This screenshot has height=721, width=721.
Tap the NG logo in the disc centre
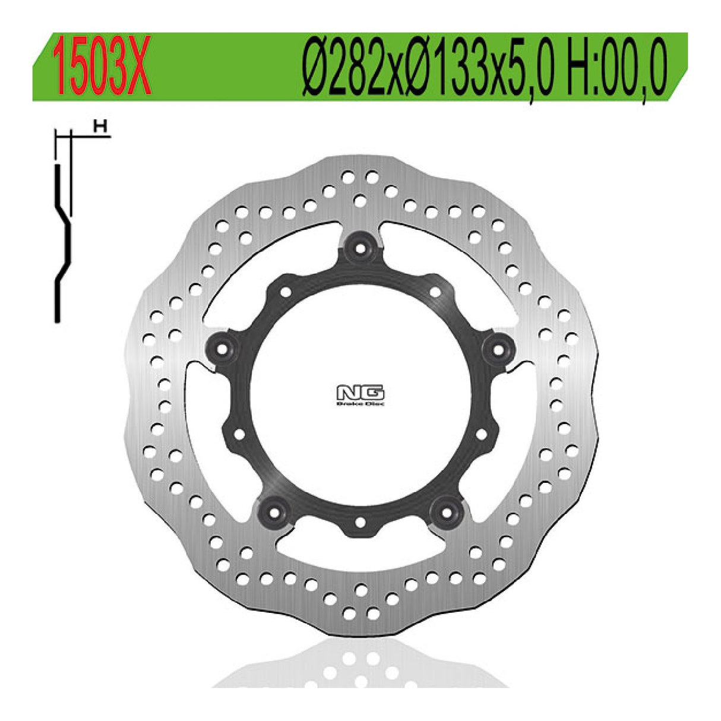coord(360,393)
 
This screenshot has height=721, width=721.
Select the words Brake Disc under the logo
coord(360,404)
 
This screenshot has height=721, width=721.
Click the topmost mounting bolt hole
coord(360,244)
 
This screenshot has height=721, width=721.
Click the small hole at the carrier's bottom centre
coord(360,521)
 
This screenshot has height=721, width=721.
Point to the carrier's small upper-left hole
coord(284,292)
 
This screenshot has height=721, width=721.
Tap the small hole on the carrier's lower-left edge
coord(239,434)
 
